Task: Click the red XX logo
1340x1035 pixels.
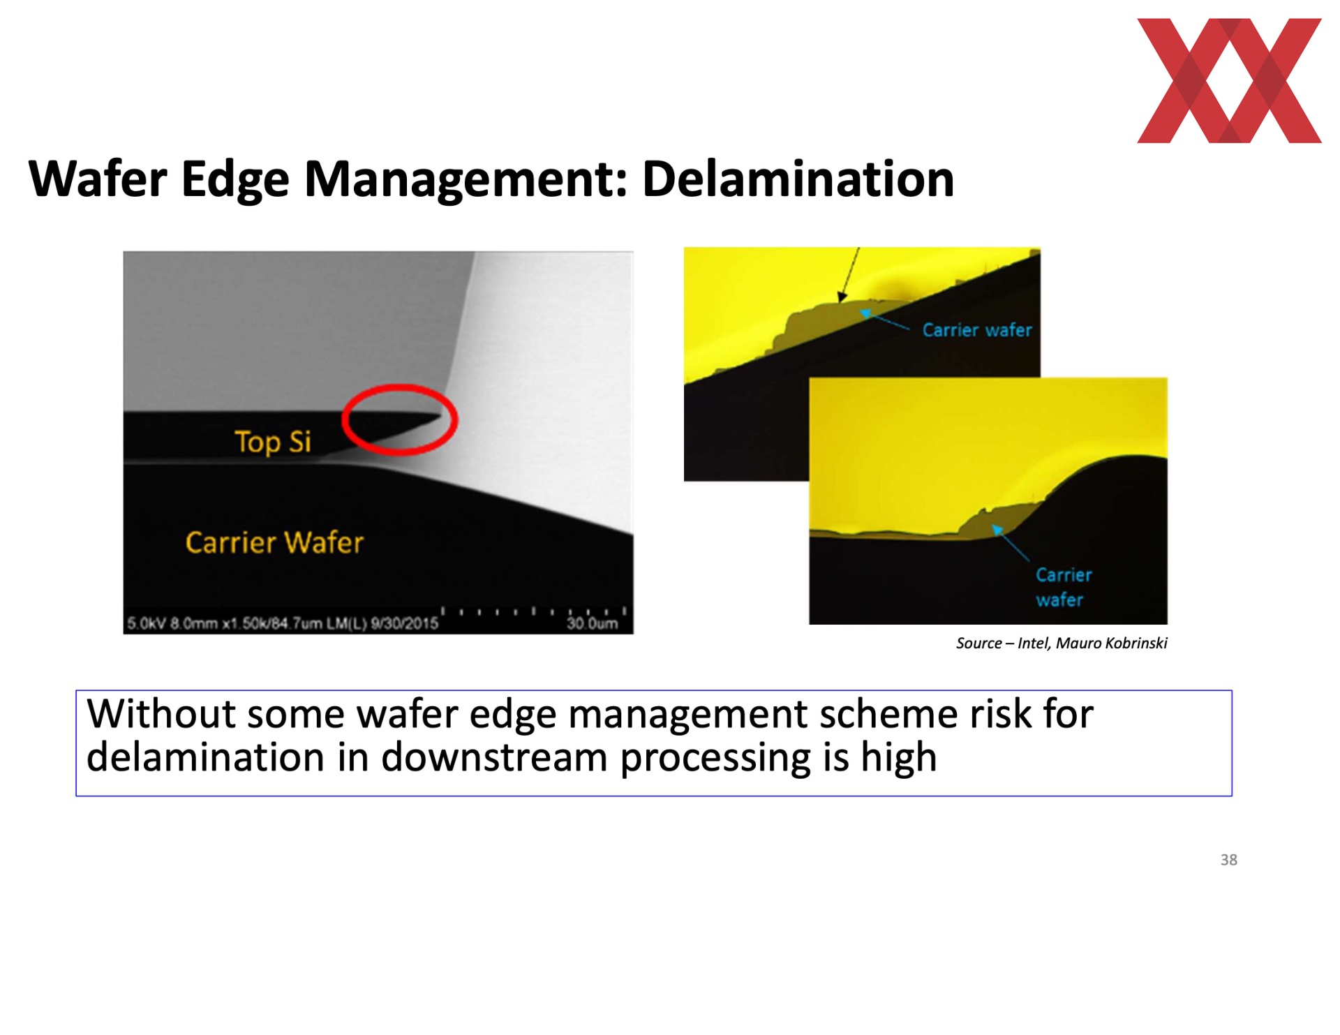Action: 1228,80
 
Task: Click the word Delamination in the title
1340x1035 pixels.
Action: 798,179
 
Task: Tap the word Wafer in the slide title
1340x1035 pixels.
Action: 98,179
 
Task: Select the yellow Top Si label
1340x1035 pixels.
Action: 273,442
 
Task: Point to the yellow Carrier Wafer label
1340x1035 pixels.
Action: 274,542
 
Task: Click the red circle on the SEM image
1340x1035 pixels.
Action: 399,385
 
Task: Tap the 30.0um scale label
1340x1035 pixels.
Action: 592,623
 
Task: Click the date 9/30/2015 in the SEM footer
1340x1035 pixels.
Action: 404,623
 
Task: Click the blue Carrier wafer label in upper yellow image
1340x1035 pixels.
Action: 977,330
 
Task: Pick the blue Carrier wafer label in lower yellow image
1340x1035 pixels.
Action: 1063,587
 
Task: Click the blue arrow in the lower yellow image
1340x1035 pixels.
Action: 1010,544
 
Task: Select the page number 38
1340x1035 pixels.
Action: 1228,860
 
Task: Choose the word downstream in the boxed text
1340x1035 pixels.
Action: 493,757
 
